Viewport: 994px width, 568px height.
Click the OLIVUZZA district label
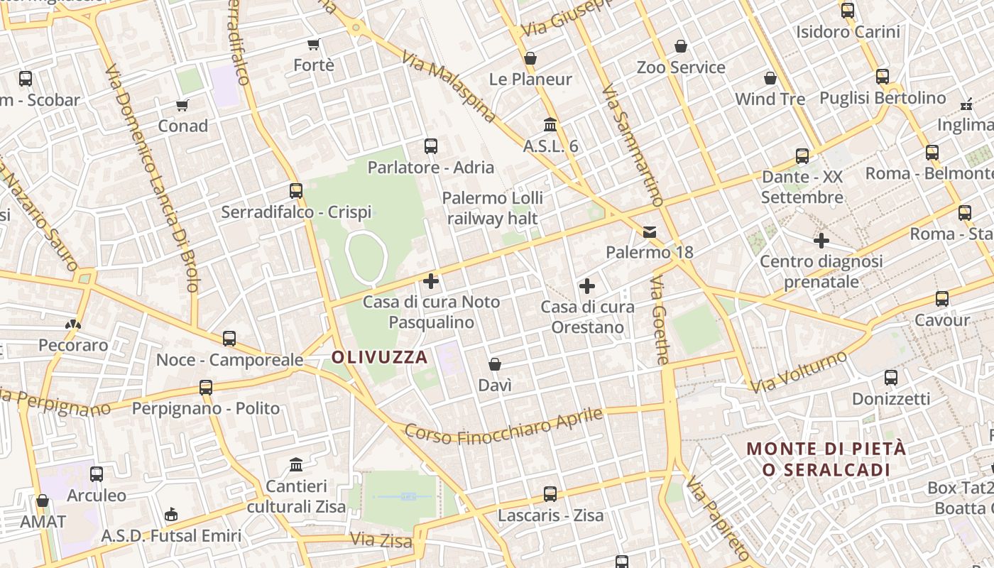(380, 357)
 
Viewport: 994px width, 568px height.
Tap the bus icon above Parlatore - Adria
(430, 146)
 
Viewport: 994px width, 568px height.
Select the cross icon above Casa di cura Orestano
(587, 286)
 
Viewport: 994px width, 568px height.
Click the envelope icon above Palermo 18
(650, 232)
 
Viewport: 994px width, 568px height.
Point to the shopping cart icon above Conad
(182, 105)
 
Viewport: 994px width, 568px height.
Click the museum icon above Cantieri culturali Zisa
(296, 465)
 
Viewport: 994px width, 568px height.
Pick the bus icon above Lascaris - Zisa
(550, 493)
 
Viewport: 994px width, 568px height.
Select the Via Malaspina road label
(449, 86)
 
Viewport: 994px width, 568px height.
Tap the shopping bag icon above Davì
(495, 364)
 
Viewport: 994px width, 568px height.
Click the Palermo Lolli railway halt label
(493, 208)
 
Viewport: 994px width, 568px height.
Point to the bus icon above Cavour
(942, 298)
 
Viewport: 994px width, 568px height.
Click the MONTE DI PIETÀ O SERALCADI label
(826, 459)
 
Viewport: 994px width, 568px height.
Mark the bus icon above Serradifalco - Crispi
(296, 190)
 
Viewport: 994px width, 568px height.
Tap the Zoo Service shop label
(681, 67)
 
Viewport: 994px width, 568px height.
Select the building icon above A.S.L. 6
(550, 125)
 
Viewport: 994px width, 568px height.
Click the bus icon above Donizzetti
(891, 377)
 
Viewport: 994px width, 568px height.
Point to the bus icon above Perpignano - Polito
(206, 387)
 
